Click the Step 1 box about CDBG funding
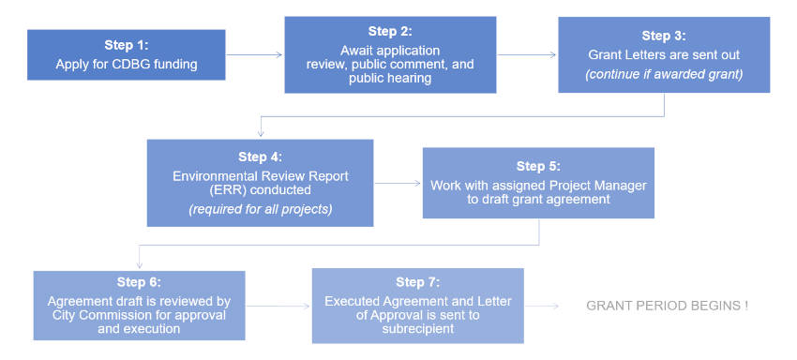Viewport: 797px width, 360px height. coord(127,54)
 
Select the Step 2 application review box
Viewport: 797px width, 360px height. coord(390,54)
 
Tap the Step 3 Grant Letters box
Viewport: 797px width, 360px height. coord(663,55)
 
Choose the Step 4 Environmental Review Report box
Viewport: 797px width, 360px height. coord(260,183)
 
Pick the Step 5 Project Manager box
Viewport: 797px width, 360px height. coord(537,183)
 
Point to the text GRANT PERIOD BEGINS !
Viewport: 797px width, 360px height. coord(667,307)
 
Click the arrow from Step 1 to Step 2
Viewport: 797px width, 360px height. coord(254,55)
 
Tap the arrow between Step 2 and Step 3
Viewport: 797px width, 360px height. coord(527,55)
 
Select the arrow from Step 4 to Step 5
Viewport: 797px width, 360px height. coord(398,184)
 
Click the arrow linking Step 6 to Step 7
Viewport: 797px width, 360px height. coord(278,307)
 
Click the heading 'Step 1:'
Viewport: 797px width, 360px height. coord(127,46)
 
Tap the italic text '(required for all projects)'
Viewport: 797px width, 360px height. coord(260,208)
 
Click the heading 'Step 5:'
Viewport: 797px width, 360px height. coord(537,165)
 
